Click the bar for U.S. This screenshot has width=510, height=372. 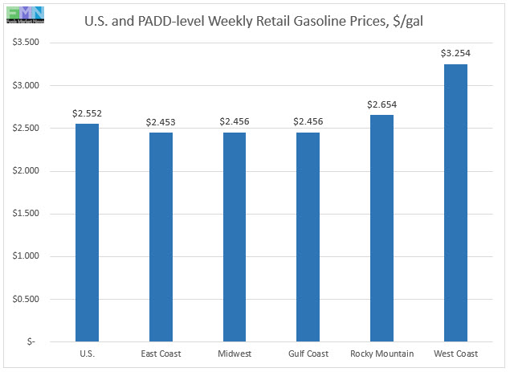(x=87, y=233)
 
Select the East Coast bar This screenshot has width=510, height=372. (x=161, y=237)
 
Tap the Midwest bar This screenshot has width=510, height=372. (x=235, y=237)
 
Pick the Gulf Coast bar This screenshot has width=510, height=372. (x=308, y=237)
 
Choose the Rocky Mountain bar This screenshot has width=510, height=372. (x=381, y=228)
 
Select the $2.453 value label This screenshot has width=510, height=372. (x=161, y=122)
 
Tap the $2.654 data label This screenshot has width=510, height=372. (x=381, y=104)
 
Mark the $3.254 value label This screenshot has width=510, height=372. (x=455, y=53)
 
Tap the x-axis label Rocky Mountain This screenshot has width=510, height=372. (x=381, y=354)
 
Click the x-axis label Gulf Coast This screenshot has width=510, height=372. (x=308, y=354)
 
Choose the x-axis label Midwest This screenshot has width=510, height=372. (x=235, y=354)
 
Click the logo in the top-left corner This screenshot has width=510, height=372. (x=22, y=14)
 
